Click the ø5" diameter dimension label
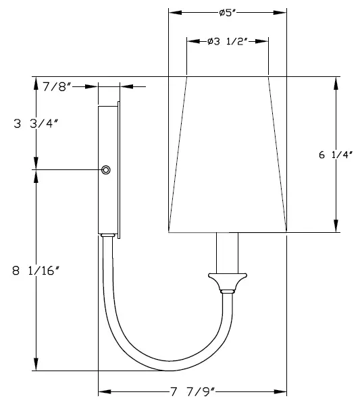pos(226,13)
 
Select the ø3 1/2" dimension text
pos(228,41)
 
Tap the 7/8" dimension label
pos(57,87)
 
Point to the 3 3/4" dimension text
pos(36,124)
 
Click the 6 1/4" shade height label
pos(335,155)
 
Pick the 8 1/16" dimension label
pos(36,270)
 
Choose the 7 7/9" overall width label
pos(193,392)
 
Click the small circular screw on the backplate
pos(106,170)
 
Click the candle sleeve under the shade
pos(227,253)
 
